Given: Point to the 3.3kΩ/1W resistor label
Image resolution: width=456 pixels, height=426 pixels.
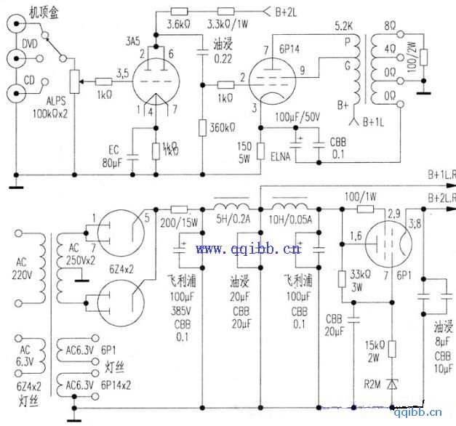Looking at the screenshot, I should coord(231,25).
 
